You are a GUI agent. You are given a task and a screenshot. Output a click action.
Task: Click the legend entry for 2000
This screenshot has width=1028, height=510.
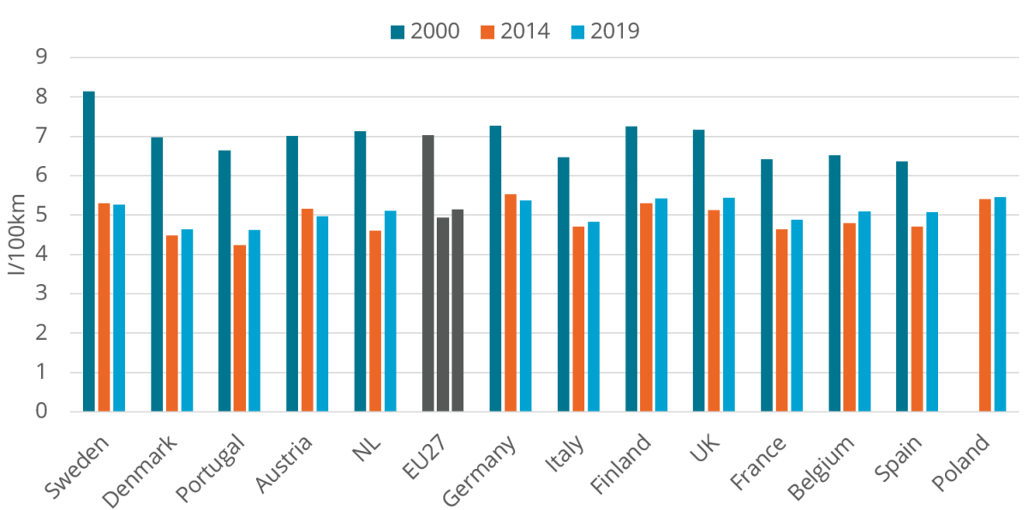click(x=425, y=31)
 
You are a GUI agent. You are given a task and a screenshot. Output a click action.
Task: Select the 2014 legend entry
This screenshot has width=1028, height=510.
click(x=515, y=31)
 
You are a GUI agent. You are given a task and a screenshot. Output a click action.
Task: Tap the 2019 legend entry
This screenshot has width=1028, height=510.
click(x=605, y=31)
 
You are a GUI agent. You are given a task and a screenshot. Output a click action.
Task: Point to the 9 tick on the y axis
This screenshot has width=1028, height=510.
click(x=40, y=57)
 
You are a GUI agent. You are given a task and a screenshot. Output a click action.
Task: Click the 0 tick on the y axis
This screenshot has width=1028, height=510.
click(x=40, y=412)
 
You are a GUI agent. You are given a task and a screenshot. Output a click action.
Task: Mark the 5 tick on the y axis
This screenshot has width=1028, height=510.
click(x=40, y=215)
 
